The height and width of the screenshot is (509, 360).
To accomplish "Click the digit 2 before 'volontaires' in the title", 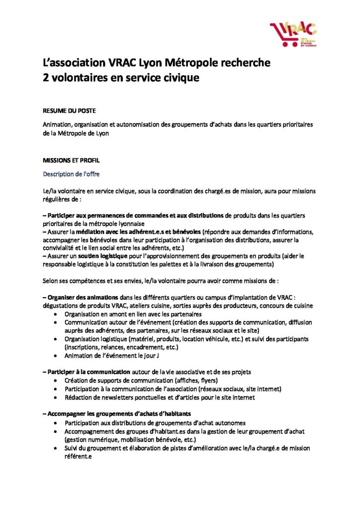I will coord(45,79).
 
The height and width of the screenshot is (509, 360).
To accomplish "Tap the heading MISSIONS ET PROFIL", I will coord(68,160).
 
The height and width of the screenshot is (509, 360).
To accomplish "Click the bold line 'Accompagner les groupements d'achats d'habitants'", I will coord(117,414).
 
